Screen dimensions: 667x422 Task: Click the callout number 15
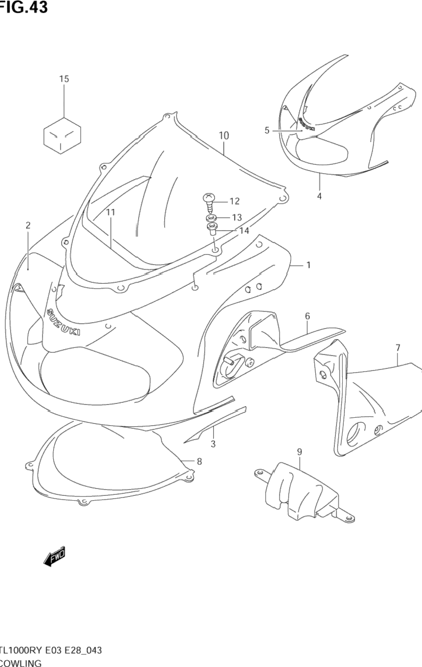[64, 79]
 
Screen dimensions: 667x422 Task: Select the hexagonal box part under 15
[62, 136]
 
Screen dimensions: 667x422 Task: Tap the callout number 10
[223, 136]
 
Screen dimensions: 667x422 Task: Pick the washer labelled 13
[210, 218]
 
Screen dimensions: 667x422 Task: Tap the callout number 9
[299, 452]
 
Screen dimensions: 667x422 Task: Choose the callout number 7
[398, 348]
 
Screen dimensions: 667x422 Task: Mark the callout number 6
[307, 316]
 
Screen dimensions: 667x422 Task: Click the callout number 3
[213, 444]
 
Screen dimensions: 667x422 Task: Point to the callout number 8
[199, 461]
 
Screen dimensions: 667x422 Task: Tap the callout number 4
[319, 196]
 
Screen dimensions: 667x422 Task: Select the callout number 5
[267, 130]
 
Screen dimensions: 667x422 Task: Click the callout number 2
[28, 225]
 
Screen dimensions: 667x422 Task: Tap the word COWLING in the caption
[21, 662]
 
